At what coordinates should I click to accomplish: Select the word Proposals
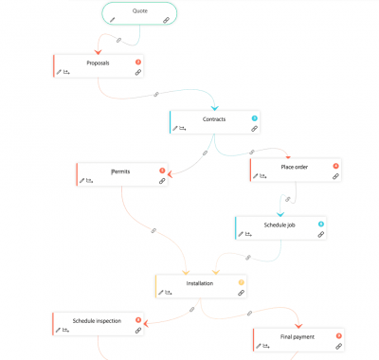[x=98, y=63]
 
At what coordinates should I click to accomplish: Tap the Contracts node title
[x=214, y=119]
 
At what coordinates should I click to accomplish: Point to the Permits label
[x=120, y=171]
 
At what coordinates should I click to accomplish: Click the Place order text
[x=295, y=167]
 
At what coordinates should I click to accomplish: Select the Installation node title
[x=200, y=282]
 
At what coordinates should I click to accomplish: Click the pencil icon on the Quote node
[x=113, y=19]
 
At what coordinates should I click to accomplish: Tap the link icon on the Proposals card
[x=137, y=72]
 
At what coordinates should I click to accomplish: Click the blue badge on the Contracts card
[x=254, y=118]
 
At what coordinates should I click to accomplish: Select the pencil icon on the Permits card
[x=83, y=179]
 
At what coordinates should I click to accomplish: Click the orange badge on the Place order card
[x=335, y=167]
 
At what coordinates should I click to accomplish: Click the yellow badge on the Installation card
[x=241, y=281]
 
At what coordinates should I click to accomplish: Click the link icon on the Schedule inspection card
[x=138, y=330]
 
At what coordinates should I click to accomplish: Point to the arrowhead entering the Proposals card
[x=99, y=51]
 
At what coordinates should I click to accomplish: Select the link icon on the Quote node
[x=166, y=19]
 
